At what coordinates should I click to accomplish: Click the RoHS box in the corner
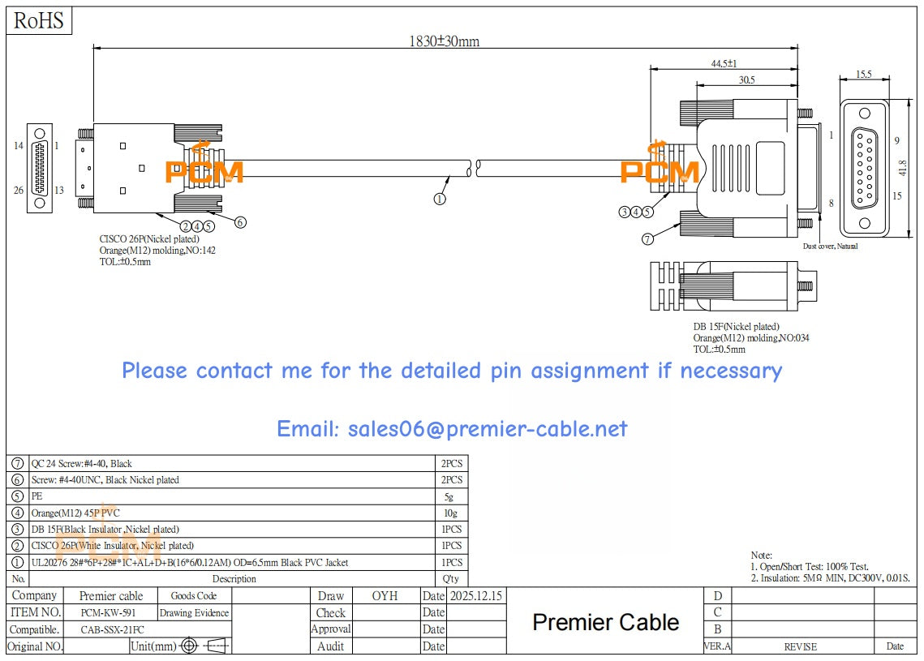point(39,20)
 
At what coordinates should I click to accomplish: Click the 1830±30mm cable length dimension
point(444,41)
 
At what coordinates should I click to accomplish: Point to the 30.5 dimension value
point(746,79)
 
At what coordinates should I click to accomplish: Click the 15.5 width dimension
point(864,75)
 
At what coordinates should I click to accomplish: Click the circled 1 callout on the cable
point(440,198)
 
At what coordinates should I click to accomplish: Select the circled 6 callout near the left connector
point(240,221)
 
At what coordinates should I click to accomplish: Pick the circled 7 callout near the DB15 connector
point(647,238)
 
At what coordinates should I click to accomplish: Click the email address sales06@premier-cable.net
point(452,428)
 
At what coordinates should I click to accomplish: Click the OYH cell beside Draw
point(385,596)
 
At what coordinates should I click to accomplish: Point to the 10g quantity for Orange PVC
point(449,513)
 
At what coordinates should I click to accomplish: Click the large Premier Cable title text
point(605,622)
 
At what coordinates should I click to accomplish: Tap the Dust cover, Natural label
point(830,246)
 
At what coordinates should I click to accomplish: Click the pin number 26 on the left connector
point(19,191)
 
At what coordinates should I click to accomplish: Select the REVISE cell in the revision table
point(800,646)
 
